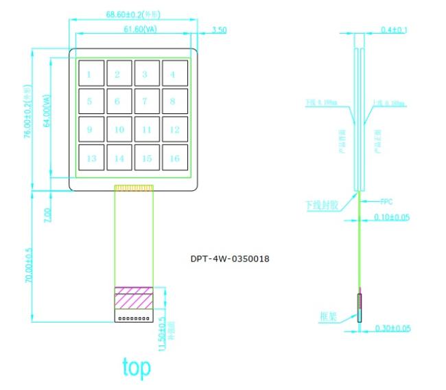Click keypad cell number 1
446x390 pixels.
coord(91,73)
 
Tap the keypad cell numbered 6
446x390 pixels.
coord(118,101)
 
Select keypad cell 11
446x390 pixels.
coord(146,129)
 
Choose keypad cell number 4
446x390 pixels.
coord(174,73)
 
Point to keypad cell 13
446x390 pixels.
coord(91,158)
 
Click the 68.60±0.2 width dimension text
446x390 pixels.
coord(134,14)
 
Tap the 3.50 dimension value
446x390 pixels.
coord(220,30)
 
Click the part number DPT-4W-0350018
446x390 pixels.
coord(230,260)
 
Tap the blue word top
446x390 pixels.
coord(136,367)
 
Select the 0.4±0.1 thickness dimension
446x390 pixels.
coord(393,30)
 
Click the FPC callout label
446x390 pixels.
coord(386,202)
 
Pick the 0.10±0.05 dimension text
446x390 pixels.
coord(392,217)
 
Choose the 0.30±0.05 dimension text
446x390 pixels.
coord(392,328)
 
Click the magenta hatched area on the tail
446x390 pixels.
coord(134,297)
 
